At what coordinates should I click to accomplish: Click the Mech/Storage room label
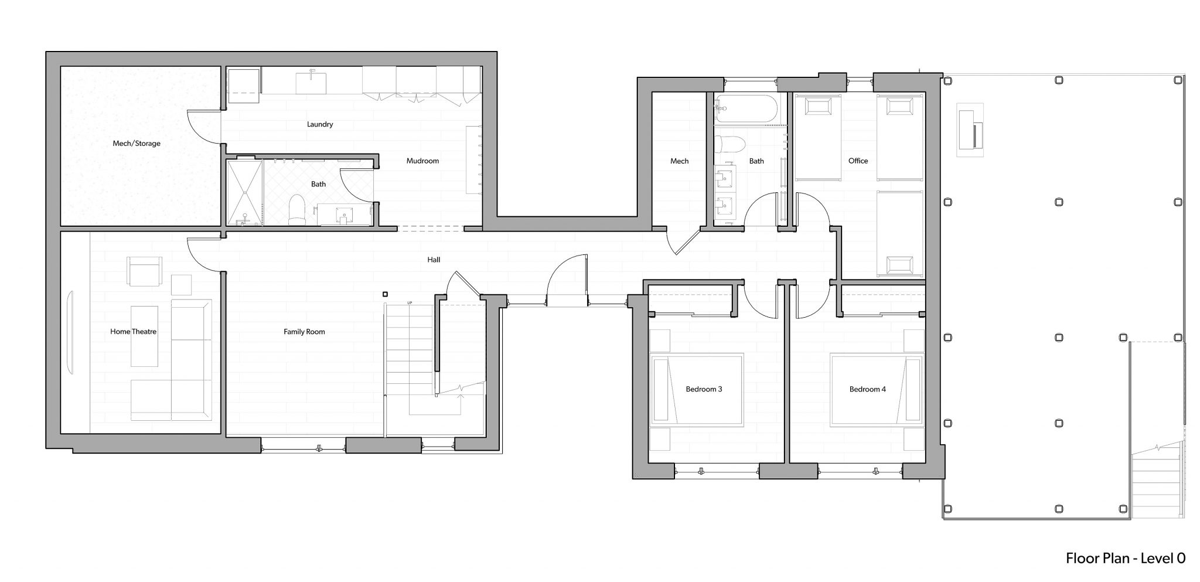pyautogui.click(x=137, y=144)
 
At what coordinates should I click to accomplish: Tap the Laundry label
pyautogui.click(x=320, y=124)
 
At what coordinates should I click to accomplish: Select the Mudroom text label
pyautogui.click(x=422, y=161)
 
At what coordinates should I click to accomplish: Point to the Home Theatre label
pyautogui.click(x=134, y=332)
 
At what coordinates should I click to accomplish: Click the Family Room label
pyautogui.click(x=304, y=332)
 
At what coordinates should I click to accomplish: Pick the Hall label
pyautogui.click(x=434, y=260)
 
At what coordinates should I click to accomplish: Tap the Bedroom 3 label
pyautogui.click(x=704, y=389)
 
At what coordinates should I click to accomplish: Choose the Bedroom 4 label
pyautogui.click(x=868, y=389)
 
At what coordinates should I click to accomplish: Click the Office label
pyautogui.click(x=858, y=161)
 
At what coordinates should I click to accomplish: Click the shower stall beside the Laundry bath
pyautogui.click(x=245, y=193)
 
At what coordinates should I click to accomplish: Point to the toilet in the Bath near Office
pyautogui.click(x=730, y=144)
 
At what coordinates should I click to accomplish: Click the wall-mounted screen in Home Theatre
pyautogui.click(x=71, y=332)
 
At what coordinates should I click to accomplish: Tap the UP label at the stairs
pyautogui.click(x=410, y=302)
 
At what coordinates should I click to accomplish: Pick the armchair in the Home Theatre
pyautogui.click(x=144, y=271)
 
